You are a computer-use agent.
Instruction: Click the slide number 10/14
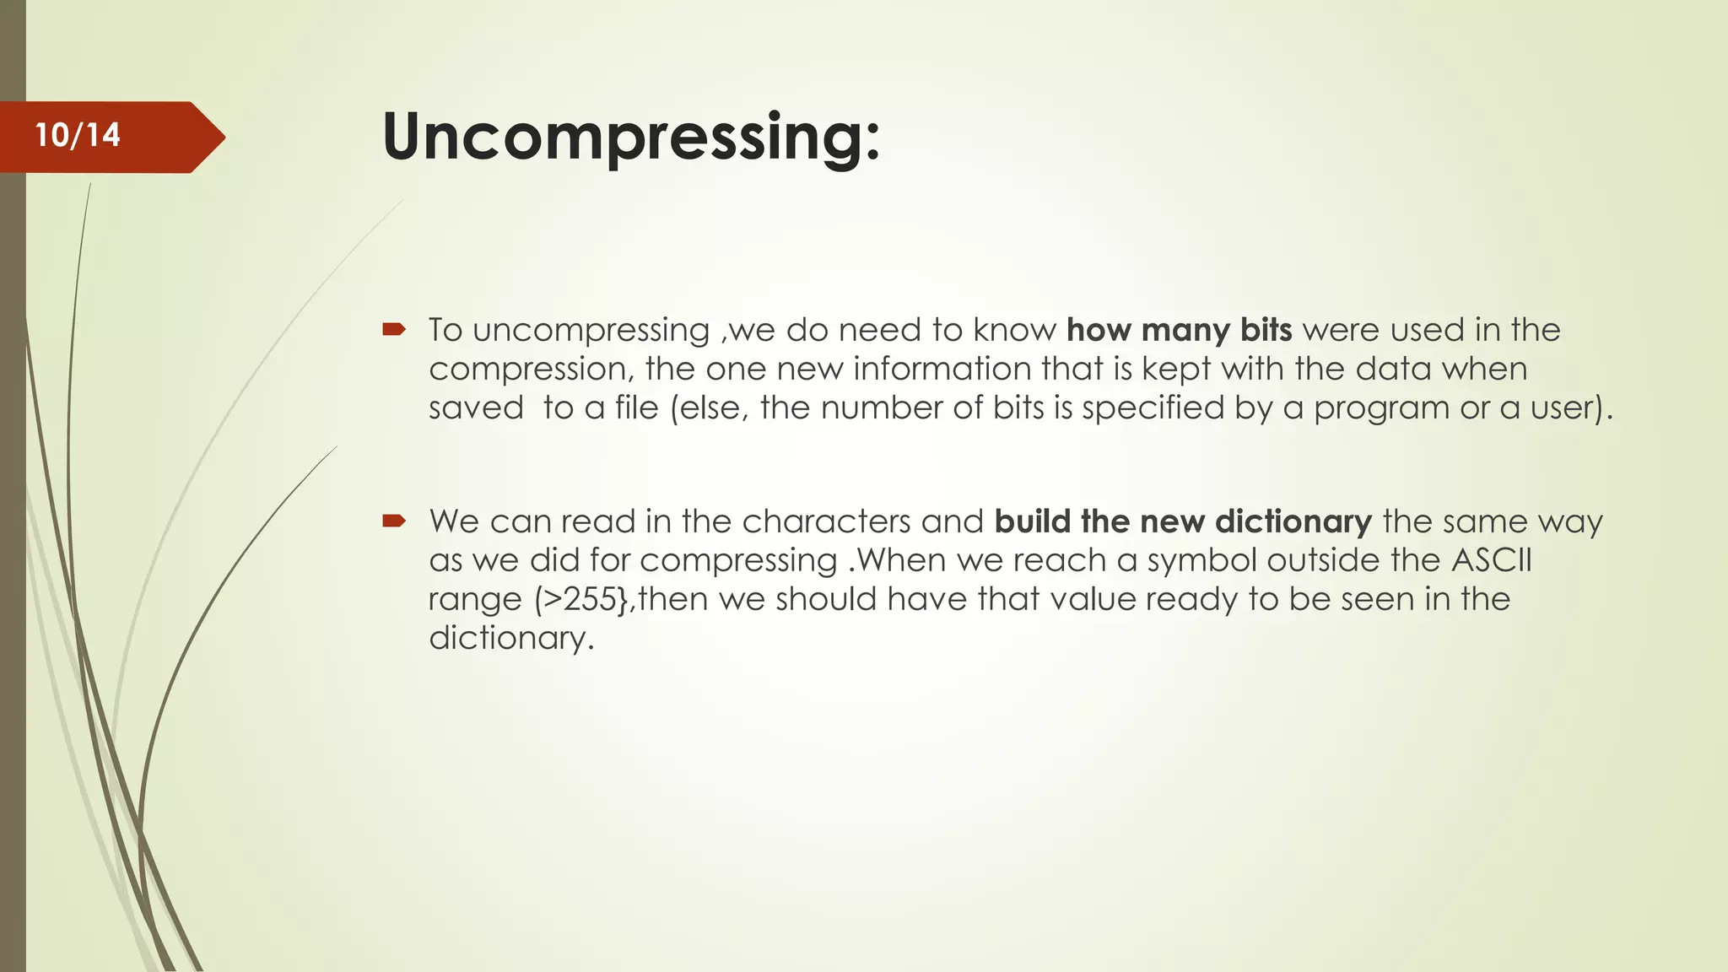[x=78, y=135]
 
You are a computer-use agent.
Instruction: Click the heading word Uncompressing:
[x=631, y=137]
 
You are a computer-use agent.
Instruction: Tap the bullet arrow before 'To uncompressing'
[x=394, y=330]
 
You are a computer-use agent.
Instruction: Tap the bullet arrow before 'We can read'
[x=394, y=521]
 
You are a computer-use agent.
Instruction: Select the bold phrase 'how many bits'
[x=1179, y=330]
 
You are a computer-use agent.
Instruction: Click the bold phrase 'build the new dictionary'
[x=1183, y=521]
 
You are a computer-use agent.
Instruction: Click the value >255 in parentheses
[x=580, y=599]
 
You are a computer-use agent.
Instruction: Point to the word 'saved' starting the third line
[x=476, y=408]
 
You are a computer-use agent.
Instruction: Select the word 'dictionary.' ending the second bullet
[x=511, y=639]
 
